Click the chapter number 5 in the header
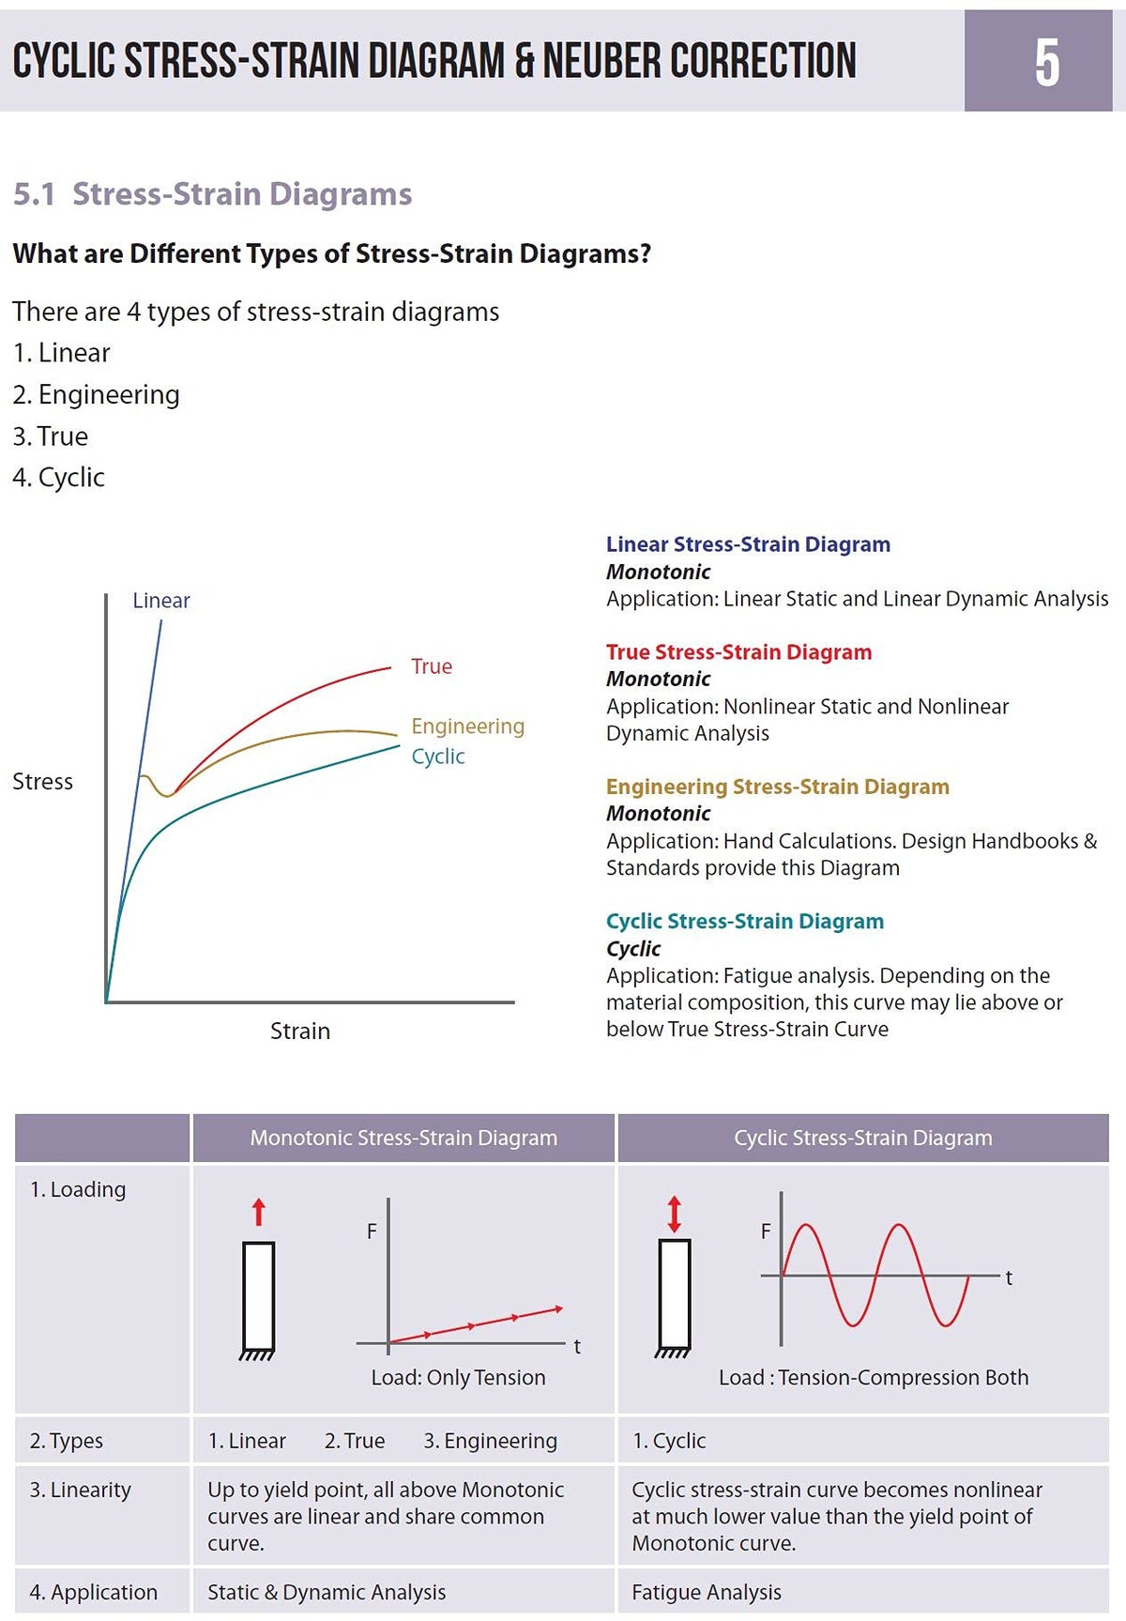(1047, 63)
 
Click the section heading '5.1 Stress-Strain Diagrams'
(212, 193)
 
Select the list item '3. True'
(51, 436)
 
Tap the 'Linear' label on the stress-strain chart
(161, 601)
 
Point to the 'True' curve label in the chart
(432, 666)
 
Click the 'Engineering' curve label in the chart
(468, 726)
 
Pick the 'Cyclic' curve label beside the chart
(438, 757)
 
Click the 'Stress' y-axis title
(42, 782)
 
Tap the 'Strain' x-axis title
(300, 1031)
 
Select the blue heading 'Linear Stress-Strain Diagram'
(748, 544)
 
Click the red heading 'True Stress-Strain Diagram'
(738, 652)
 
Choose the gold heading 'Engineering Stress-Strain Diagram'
(778, 787)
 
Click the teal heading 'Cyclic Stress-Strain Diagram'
(745, 922)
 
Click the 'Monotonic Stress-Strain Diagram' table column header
(403, 1138)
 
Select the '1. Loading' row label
(78, 1189)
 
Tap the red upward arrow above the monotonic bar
(259, 1213)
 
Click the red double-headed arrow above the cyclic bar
(674, 1214)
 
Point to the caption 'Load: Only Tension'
(458, 1377)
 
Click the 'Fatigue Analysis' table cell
(707, 1592)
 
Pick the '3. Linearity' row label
(81, 1490)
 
